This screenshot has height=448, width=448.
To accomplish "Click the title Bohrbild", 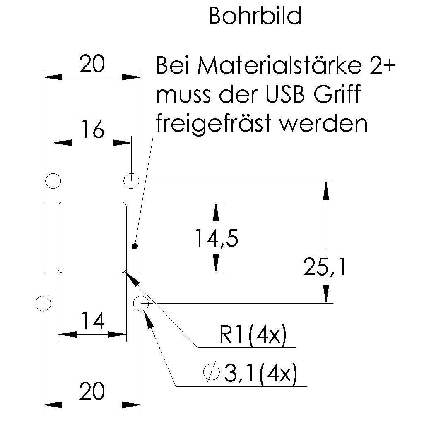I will tap(255, 17).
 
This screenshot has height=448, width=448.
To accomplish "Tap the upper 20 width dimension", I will tap(92, 65).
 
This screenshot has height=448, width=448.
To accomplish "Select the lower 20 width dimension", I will tap(92, 392).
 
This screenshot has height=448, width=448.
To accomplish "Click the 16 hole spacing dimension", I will tap(92, 130).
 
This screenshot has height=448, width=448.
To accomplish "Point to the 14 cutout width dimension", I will tap(92, 321).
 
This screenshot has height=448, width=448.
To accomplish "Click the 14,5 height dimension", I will tap(216, 239).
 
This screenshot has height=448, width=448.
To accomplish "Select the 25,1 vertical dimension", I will tap(324, 267).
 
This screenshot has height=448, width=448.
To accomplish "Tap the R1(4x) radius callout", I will tap(253, 336).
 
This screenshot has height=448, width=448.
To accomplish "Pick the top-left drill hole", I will tap(53, 181).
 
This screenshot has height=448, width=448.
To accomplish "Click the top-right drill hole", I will tap(132, 181).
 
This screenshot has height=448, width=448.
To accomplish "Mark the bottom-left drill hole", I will tap(43, 303).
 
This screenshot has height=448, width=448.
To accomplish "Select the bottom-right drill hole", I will tap(141, 303).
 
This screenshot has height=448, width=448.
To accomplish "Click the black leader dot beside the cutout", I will tap(134, 247).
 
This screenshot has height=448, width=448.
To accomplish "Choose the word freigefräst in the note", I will tap(214, 123).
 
